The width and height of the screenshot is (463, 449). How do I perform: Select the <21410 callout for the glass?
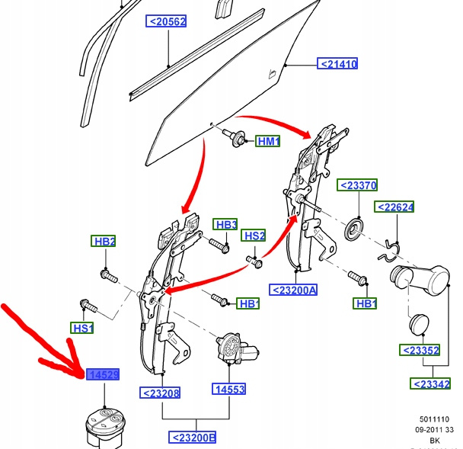[338, 64]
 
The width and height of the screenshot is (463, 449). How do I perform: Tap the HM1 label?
[268, 142]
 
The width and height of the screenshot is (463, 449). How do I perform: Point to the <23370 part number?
[357, 185]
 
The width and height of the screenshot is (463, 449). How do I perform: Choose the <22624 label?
[394, 207]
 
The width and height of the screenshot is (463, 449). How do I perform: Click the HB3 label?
[225, 224]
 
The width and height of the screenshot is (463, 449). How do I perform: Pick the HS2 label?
[254, 236]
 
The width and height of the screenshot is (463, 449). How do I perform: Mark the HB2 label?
[104, 242]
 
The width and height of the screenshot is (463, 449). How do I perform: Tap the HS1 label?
[82, 329]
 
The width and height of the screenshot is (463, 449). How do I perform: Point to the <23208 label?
[159, 393]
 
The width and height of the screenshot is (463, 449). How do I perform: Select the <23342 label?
[430, 383]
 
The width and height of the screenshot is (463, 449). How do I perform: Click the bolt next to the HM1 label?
[237, 139]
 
